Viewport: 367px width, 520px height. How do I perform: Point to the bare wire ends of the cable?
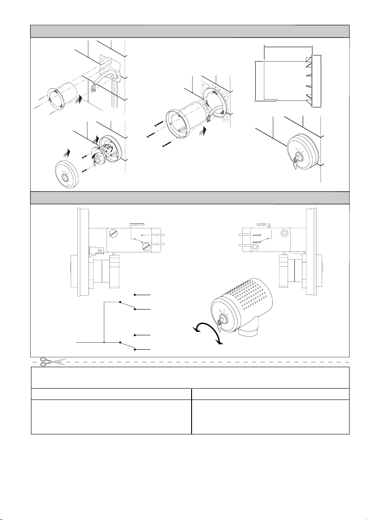tap(93, 89)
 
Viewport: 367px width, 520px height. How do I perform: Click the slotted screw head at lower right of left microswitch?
tap(146, 247)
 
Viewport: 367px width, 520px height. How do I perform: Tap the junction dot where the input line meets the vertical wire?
tap(104, 342)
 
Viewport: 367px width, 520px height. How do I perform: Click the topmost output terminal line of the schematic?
tap(143, 295)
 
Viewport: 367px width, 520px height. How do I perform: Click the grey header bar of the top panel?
tap(189, 31)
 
